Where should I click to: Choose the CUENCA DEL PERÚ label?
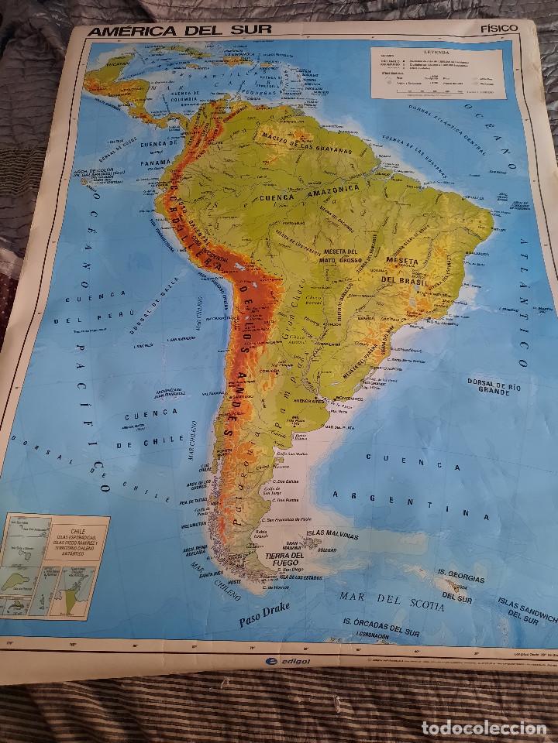point(94,306)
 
